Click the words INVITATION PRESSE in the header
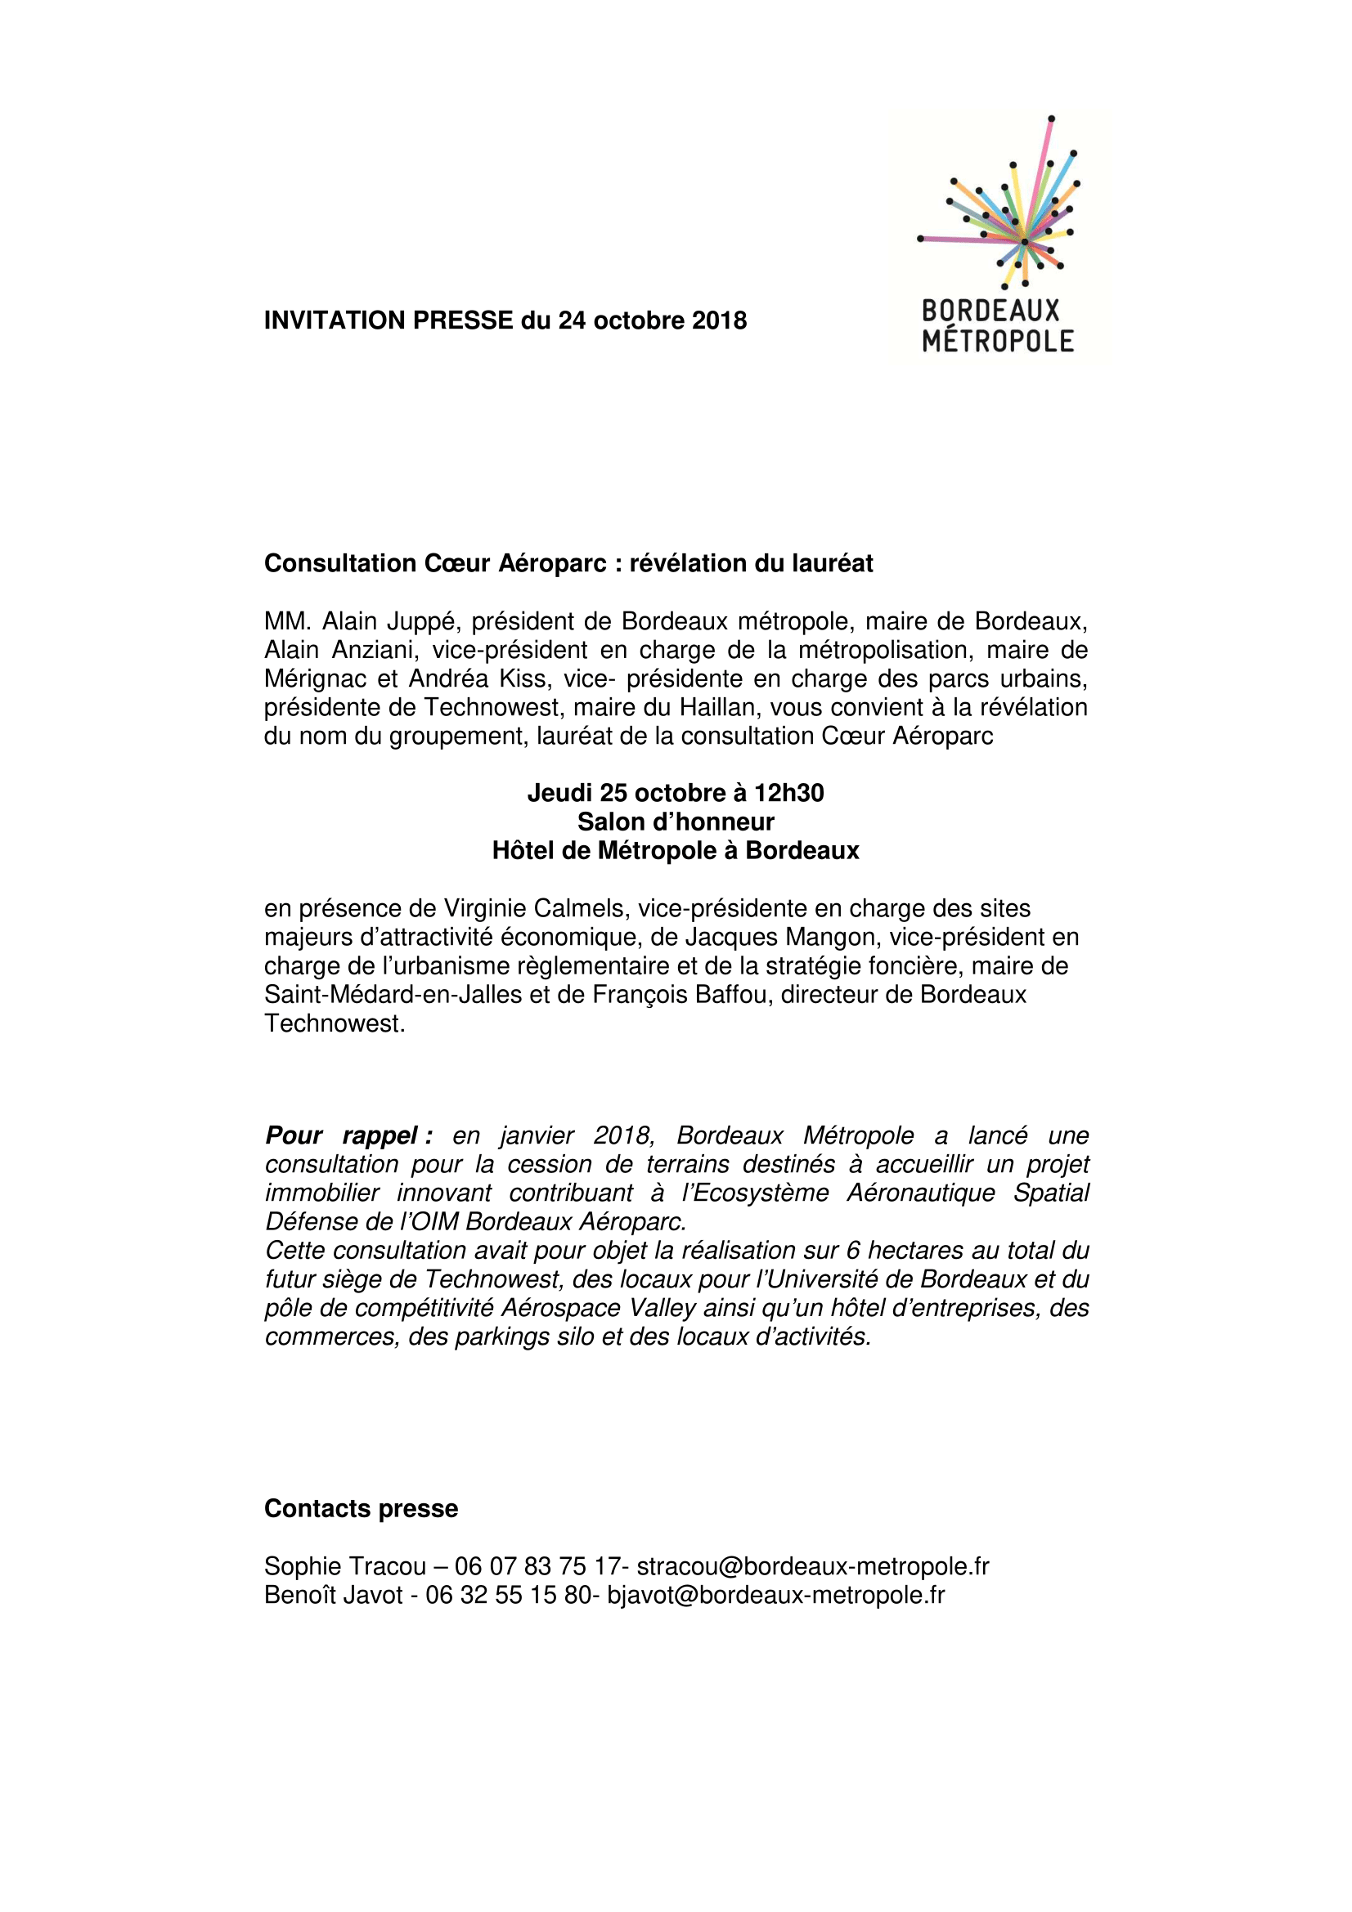pyautogui.click(x=389, y=320)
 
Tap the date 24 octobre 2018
pyautogui.click(x=652, y=320)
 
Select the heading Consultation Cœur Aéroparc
pyautogui.click(x=435, y=564)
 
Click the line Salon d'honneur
pyautogui.click(x=676, y=822)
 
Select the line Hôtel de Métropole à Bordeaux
pyautogui.click(x=676, y=850)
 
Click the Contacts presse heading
pyautogui.click(x=361, y=1509)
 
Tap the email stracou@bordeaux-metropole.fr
pyautogui.click(x=813, y=1566)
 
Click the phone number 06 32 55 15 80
pyautogui.click(x=508, y=1595)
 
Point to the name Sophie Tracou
pyautogui.click(x=345, y=1566)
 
